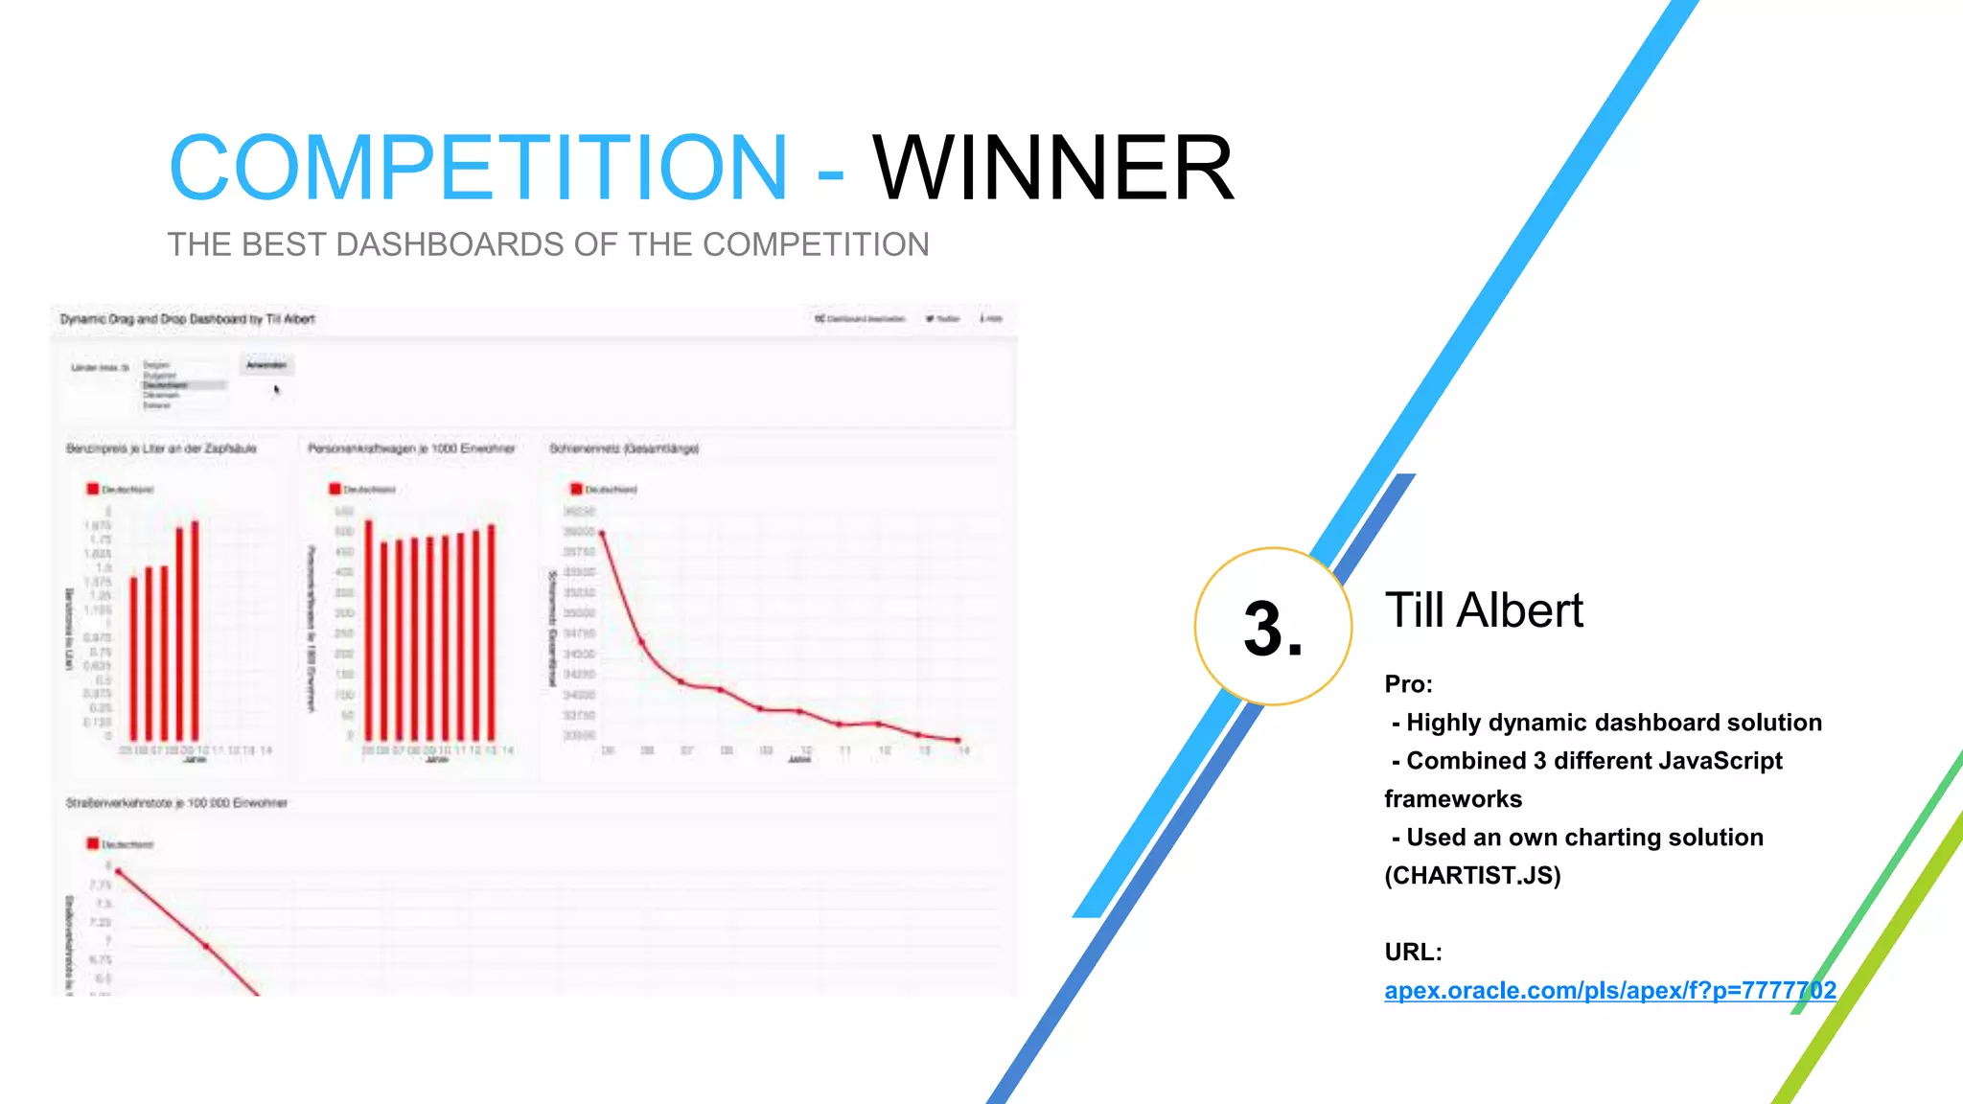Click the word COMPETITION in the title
tap(477, 168)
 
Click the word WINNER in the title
tap(1052, 168)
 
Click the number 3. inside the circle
tap(1273, 630)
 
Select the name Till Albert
tap(1484, 610)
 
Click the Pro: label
tap(1408, 684)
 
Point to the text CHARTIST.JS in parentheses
tap(1472, 876)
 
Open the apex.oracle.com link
tap(1610, 991)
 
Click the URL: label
tap(1413, 953)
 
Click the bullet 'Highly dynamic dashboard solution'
tap(1614, 723)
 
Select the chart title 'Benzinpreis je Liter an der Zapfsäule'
tap(161, 448)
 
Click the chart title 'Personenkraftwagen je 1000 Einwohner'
tap(411, 448)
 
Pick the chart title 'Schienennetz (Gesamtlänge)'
tap(624, 448)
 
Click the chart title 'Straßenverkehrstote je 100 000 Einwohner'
tap(176, 803)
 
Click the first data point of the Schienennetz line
tap(602, 533)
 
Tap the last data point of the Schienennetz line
tap(958, 740)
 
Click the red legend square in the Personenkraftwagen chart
tap(335, 489)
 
